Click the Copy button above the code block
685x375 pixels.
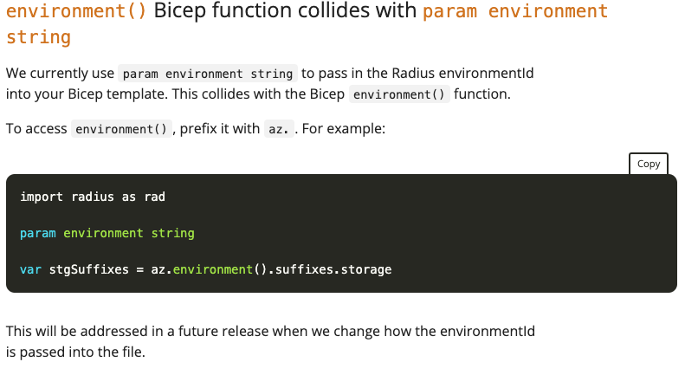649,164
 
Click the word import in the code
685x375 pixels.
42,197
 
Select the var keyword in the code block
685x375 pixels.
30,269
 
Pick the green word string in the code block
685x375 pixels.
172,233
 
